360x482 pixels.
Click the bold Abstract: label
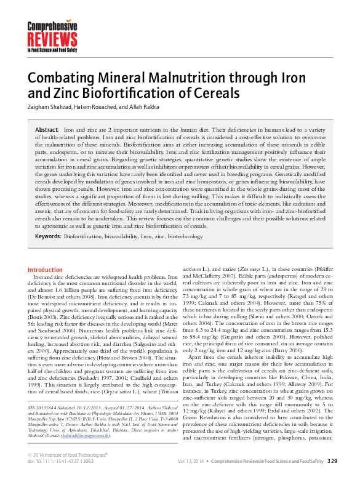click(47, 131)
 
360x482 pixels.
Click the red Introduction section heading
click(46, 270)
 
